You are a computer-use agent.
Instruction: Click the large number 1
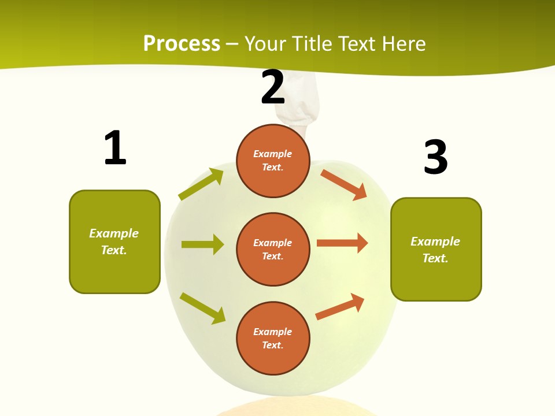pos(115,148)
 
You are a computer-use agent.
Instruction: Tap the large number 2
pos(273,87)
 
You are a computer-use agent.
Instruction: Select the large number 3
pos(435,157)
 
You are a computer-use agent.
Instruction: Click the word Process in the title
pos(182,43)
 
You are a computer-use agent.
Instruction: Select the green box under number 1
pos(114,242)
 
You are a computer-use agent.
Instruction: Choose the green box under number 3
pos(436,249)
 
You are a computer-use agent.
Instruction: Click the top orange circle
pos(273,161)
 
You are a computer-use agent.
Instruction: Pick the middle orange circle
pos(273,249)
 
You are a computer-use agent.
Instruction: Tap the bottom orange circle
pos(273,338)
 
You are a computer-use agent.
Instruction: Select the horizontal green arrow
pos(202,244)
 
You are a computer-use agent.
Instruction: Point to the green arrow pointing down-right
pos(202,308)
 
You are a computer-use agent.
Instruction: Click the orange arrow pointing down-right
pos(344,184)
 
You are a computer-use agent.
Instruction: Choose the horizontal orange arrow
pos(342,243)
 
